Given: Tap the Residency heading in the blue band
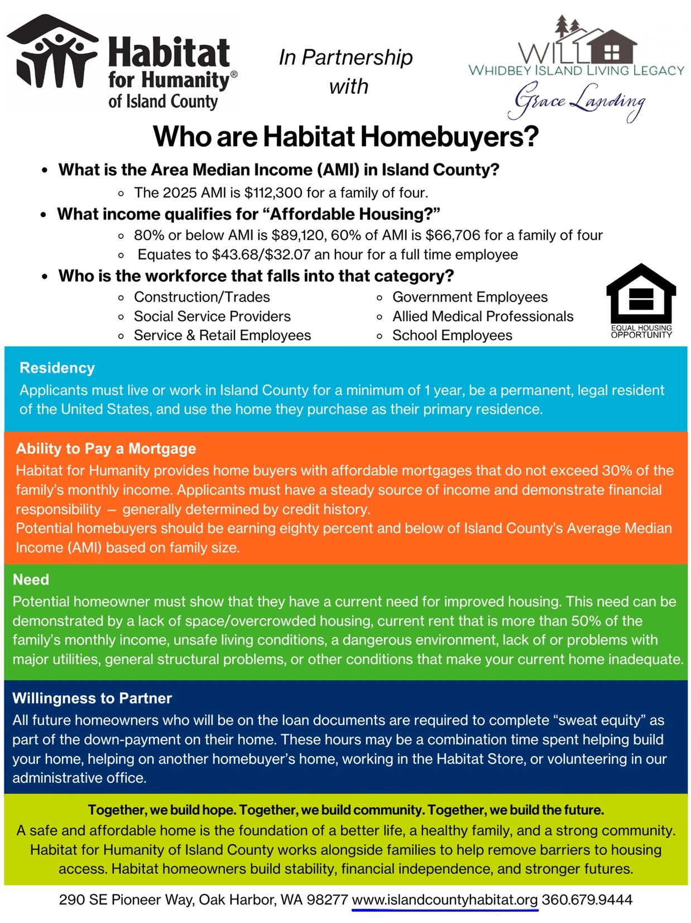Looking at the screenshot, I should [x=57, y=368].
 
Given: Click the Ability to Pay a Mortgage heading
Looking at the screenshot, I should [x=106, y=448].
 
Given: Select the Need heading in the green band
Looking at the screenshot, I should [x=31, y=580].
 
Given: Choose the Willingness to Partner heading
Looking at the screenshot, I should [x=92, y=698].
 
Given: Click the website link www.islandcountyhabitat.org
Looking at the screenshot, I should [x=445, y=900].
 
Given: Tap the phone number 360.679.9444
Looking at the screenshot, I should [x=587, y=900].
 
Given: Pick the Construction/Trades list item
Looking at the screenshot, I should [x=201, y=297].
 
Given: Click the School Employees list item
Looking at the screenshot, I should [x=452, y=335].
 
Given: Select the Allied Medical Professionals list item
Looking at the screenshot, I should [x=483, y=316].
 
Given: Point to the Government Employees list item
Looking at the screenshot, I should [x=470, y=297].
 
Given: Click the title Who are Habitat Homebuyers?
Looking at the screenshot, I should [x=346, y=137].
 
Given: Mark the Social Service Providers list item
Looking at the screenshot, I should [x=212, y=316].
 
